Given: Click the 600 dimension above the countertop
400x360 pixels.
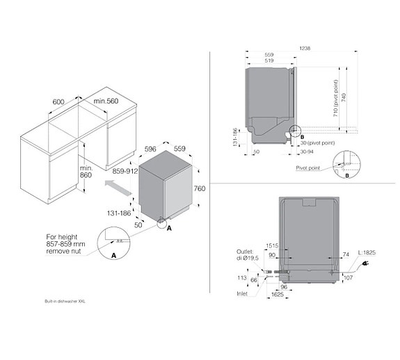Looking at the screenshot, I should coord(58,102).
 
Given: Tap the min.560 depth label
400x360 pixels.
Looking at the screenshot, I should coord(107,102).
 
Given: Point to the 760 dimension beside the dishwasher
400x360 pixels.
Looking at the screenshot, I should coord(199,188).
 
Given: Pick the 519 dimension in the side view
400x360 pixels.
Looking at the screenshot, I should coord(268,61).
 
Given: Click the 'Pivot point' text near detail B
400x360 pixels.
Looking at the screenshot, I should coord(307,167).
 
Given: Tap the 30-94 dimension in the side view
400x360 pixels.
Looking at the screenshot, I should coord(305,151).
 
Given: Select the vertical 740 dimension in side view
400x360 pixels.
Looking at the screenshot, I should coord(344,97).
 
